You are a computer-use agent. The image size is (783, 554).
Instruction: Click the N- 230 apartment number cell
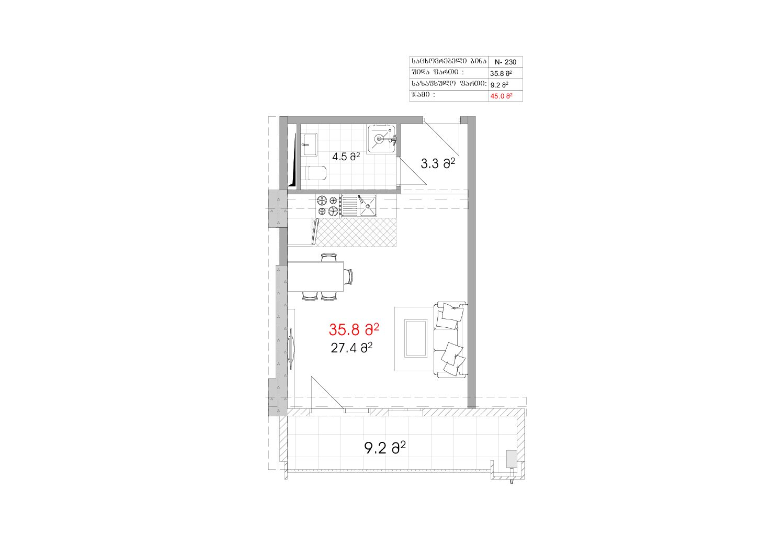505,62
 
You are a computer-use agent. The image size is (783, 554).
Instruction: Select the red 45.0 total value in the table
501,96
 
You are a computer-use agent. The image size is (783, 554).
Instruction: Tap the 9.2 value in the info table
499,85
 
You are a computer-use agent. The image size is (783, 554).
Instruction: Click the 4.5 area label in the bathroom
346,157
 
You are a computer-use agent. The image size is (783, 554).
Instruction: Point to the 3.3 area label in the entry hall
438,163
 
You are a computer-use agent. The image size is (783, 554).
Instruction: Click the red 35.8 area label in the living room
354,330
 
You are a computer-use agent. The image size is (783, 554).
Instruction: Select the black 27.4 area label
351,348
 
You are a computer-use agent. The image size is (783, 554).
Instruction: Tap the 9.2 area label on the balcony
385,448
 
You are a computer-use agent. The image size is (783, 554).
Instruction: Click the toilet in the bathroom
315,173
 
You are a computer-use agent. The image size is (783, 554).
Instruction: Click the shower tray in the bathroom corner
382,138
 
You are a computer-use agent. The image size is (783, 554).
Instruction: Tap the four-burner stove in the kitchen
328,206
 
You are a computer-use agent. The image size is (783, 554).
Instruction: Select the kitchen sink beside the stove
359,206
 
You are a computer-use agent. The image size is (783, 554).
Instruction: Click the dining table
315,276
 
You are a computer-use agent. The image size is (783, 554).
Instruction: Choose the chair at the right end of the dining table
348,276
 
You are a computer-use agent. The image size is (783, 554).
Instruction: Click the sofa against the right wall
450,340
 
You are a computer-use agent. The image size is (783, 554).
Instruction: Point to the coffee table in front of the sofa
416,339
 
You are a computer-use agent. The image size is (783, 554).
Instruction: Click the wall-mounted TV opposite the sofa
291,349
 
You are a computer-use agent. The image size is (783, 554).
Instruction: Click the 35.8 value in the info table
501,73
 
